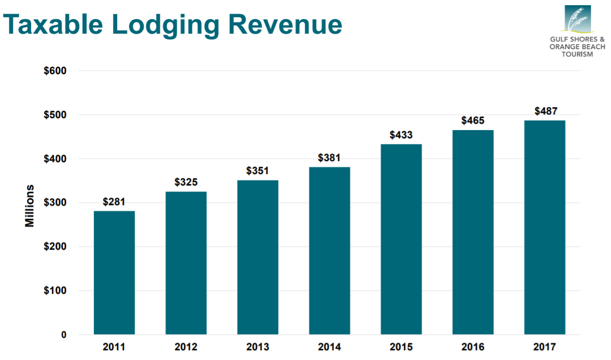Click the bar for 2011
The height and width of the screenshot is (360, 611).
pos(114,272)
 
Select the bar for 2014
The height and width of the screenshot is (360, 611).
pos(329,251)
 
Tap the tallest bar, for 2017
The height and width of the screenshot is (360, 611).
pos(544,227)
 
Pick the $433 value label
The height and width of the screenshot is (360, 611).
pos(401,135)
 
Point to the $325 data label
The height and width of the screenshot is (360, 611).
pos(186,182)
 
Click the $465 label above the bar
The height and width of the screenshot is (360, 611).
pos(473,121)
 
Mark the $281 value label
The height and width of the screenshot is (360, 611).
pos(114,202)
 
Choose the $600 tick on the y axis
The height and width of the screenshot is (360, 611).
pos(55,70)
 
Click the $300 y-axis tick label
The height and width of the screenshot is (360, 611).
pos(55,203)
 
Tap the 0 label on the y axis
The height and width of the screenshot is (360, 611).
pos(64,335)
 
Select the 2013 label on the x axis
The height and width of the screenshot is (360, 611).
pos(258,347)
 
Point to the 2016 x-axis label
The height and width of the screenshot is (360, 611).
pos(473,347)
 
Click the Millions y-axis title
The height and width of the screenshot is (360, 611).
pos(30,205)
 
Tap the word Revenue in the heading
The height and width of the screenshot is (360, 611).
pos(290,24)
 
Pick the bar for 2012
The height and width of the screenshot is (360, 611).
pos(186,263)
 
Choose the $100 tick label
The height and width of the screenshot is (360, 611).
pos(55,291)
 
